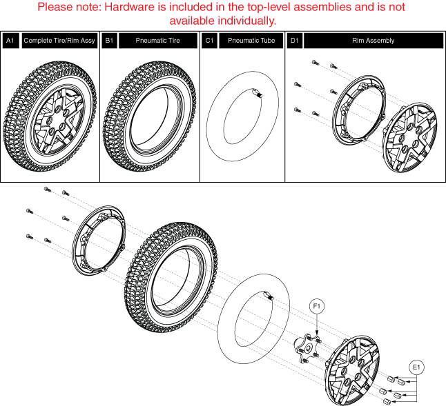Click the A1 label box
pyautogui.click(x=10, y=41)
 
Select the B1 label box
pyautogui.click(x=109, y=41)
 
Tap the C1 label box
pyautogui.click(x=209, y=41)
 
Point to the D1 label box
pyautogui.click(x=294, y=41)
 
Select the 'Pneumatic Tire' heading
pyautogui.click(x=159, y=41)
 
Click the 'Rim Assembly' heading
pyautogui.click(x=373, y=41)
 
